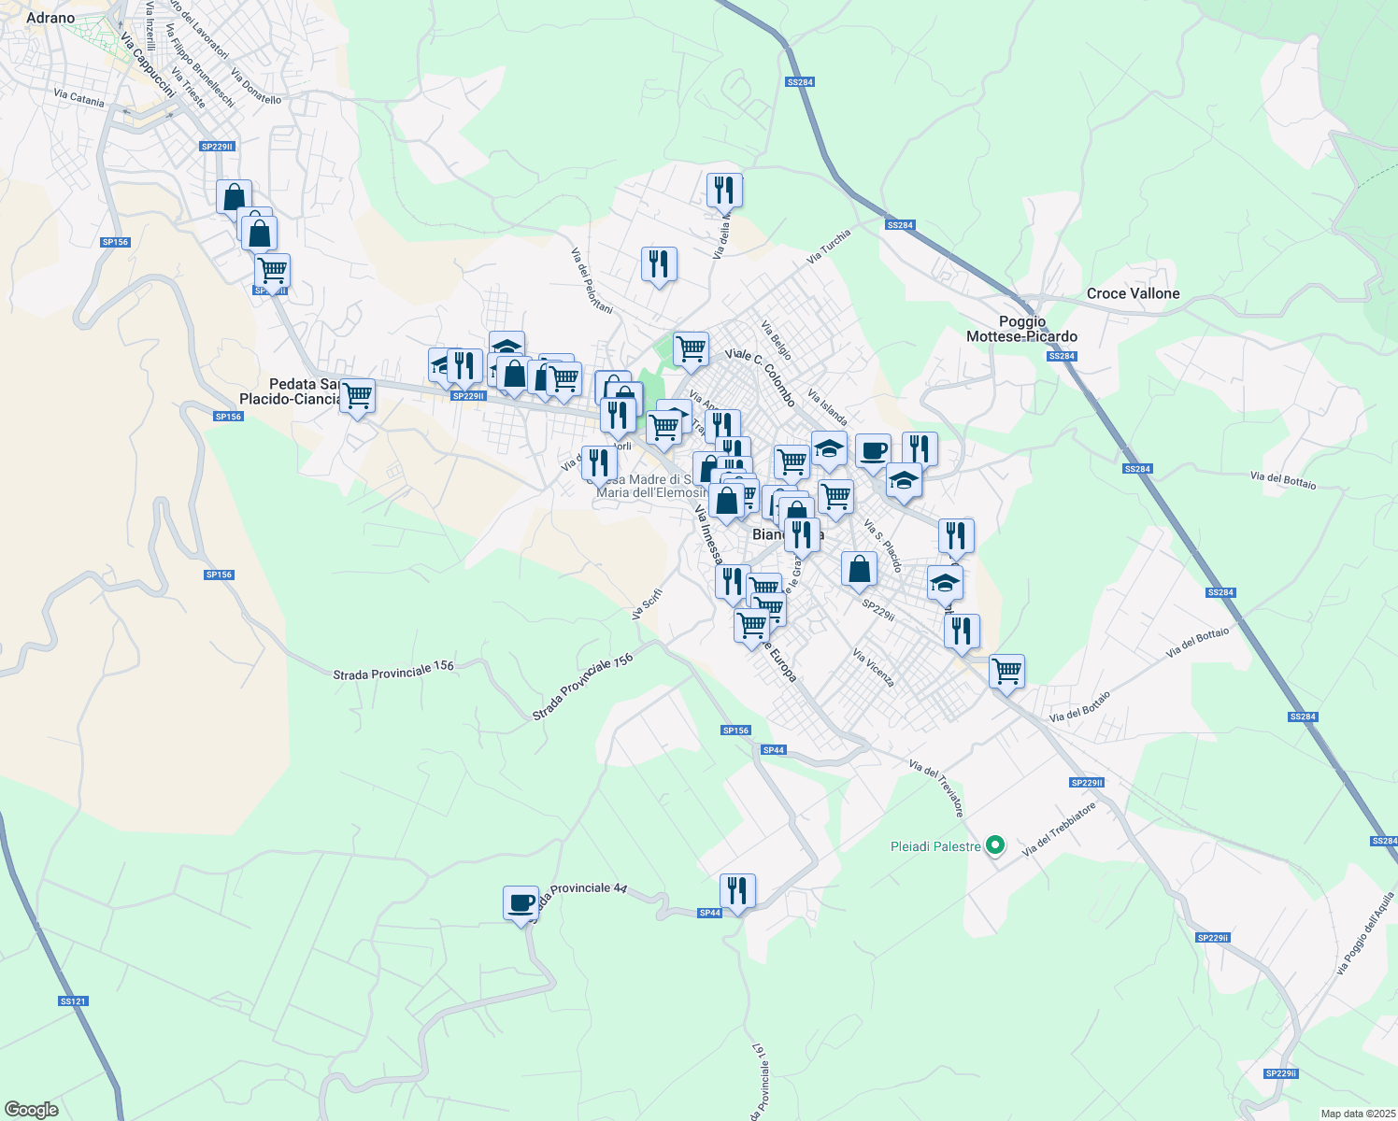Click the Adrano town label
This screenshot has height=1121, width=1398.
tap(50, 18)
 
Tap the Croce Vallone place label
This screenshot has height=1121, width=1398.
tap(1133, 293)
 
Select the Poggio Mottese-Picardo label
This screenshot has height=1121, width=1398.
tap(1021, 329)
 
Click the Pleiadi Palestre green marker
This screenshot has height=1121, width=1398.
tap(995, 845)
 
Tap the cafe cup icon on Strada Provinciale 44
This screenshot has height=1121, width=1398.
tap(521, 902)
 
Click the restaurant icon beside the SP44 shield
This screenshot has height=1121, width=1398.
tap(737, 891)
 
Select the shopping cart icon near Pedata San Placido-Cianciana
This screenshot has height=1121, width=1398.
tap(357, 396)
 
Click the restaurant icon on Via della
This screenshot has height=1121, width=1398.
tap(724, 190)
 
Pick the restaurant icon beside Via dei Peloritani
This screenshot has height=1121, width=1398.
tap(659, 264)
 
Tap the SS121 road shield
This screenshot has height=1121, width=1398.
tap(72, 1001)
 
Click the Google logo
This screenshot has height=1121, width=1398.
tap(31, 1110)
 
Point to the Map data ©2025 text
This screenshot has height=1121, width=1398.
tap(1356, 1114)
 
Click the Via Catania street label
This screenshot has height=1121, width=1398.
tap(79, 96)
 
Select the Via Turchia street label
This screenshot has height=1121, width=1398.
tap(829, 246)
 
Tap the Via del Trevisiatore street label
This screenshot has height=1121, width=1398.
tap(936, 788)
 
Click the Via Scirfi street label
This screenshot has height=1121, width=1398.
tap(647, 604)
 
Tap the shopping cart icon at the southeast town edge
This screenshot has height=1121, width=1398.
tap(1006, 671)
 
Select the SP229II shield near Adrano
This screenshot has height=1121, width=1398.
tap(217, 147)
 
